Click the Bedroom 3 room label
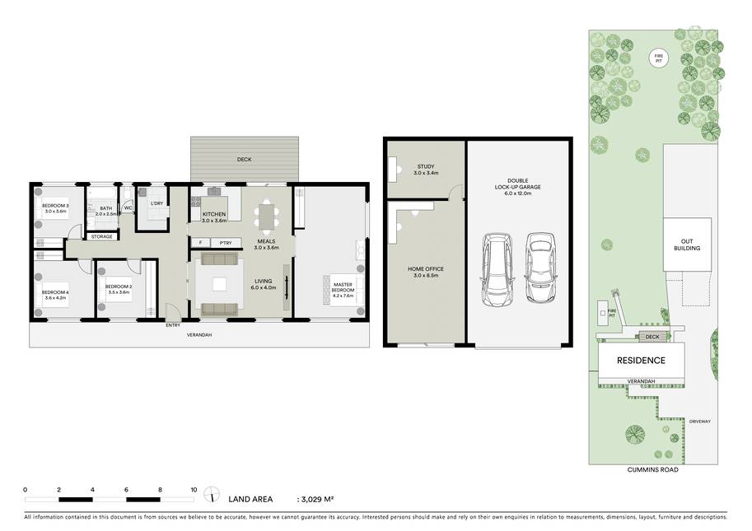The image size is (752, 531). pos(56,208)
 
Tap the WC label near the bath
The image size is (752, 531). pos(128,208)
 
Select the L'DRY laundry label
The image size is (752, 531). pos(156,203)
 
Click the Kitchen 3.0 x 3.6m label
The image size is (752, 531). pos(214,217)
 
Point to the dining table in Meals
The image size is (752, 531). pos(265,217)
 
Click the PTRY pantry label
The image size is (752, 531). pos(225,243)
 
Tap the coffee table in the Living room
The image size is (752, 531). pos(219,285)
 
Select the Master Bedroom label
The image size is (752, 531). pos(343,286)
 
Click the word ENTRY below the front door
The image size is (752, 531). pos(172,325)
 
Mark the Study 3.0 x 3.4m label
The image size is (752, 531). pos(427,170)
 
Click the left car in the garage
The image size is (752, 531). pos(498,269)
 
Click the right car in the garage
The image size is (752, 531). pos(539,268)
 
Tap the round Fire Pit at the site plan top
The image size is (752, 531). pos(657,58)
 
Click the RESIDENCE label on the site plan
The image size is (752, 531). pos(642,360)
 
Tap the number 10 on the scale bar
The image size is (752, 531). pos(194,489)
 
